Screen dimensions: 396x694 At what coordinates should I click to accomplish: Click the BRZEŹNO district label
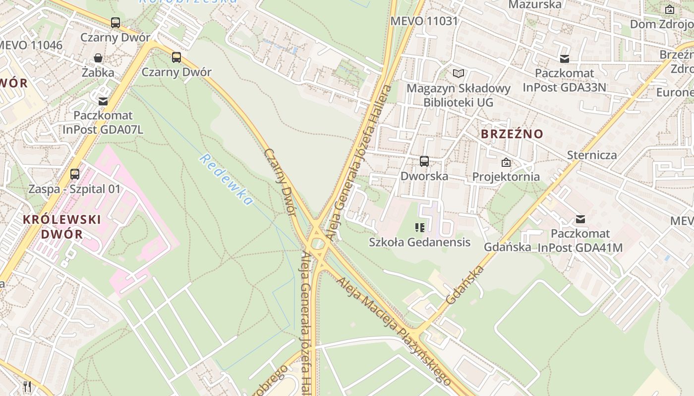(512, 134)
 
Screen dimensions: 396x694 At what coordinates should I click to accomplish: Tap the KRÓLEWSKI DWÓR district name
(62, 226)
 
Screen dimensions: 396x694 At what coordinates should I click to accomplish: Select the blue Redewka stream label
(226, 180)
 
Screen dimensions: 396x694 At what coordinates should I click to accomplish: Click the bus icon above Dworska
(424, 161)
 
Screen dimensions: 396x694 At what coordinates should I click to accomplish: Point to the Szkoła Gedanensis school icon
(420, 228)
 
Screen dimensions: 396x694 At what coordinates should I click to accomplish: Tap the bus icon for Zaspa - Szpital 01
(75, 174)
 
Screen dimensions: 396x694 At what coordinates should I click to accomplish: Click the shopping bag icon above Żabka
(98, 58)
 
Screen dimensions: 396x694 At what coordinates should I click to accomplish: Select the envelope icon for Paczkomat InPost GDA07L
(103, 101)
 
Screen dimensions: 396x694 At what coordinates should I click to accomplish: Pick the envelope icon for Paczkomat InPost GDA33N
(564, 59)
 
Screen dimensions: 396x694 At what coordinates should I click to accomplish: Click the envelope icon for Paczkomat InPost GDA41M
(580, 219)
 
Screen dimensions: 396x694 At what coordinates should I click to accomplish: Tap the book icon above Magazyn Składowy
(459, 74)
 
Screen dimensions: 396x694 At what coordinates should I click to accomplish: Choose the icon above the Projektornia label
(506, 162)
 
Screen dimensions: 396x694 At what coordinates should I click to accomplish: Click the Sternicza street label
(592, 155)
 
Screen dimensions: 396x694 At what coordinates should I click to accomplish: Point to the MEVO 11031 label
(424, 21)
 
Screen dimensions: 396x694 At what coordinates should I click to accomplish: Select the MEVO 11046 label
(31, 45)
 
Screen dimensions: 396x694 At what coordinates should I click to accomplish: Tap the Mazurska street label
(535, 5)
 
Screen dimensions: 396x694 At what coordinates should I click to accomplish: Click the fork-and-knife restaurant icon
(27, 386)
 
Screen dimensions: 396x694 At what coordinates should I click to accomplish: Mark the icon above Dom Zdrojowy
(670, 9)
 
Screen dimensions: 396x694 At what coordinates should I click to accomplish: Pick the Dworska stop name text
(424, 176)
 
